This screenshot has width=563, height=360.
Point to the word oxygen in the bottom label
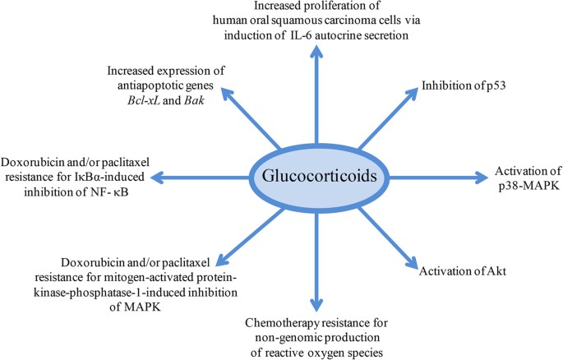[x=321, y=347]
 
